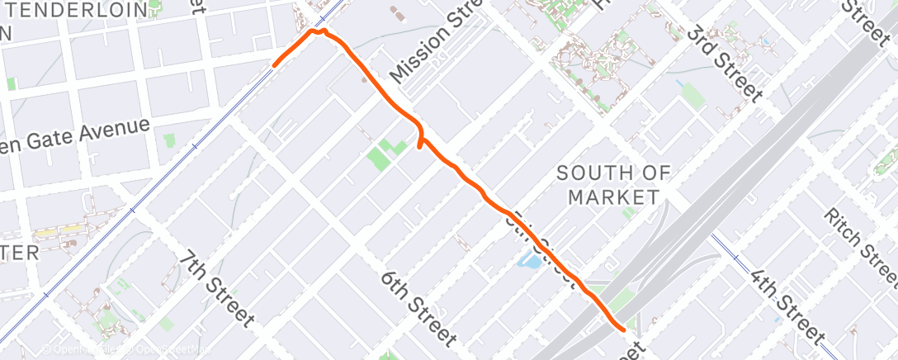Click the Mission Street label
click(437, 41)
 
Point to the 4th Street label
click(787, 304)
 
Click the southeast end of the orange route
click(622, 327)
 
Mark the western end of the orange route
click(275, 63)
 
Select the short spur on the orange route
click(421, 145)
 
